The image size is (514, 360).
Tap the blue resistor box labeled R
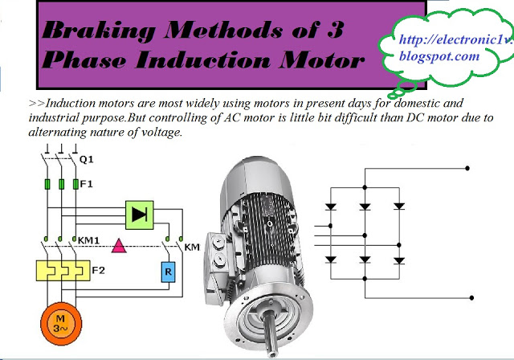coord(168,272)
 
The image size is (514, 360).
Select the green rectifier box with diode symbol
coord(140,213)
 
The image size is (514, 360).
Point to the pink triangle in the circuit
coord(118,245)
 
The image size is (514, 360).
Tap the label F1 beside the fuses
coord(86,184)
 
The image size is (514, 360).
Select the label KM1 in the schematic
coord(90,239)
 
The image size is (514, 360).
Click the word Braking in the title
coord(89,33)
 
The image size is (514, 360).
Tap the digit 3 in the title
coord(338,33)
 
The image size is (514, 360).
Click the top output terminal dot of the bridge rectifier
coord(469,170)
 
